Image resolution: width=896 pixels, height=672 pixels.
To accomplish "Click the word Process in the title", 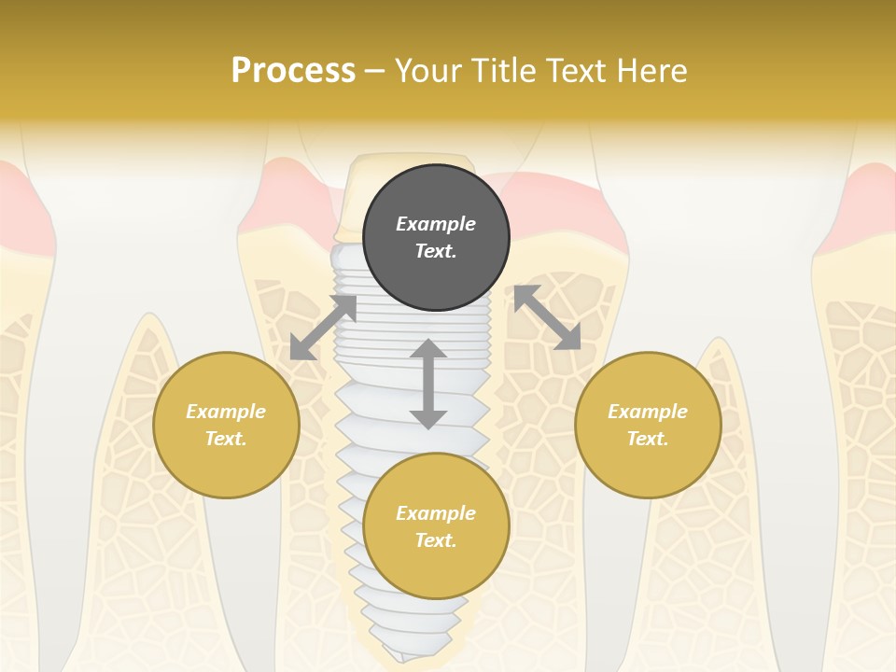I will [x=293, y=71].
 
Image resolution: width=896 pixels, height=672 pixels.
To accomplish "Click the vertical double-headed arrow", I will [x=428, y=385].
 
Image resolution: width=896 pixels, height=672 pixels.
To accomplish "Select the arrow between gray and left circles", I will [x=323, y=328].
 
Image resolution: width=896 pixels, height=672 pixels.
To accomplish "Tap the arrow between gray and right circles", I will [x=547, y=317].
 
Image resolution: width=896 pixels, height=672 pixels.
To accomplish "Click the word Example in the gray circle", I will [x=436, y=224].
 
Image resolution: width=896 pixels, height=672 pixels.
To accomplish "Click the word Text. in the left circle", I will [x=226, y=439].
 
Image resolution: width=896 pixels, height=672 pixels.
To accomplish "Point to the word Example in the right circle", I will [x=648, y=412].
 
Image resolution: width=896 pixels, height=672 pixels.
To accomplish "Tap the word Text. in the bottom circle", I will [x=436, y=540].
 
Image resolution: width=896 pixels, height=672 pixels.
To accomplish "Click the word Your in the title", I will [x=428, y=71].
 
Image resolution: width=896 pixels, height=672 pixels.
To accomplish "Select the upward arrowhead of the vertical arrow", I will [x=428, y=351].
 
